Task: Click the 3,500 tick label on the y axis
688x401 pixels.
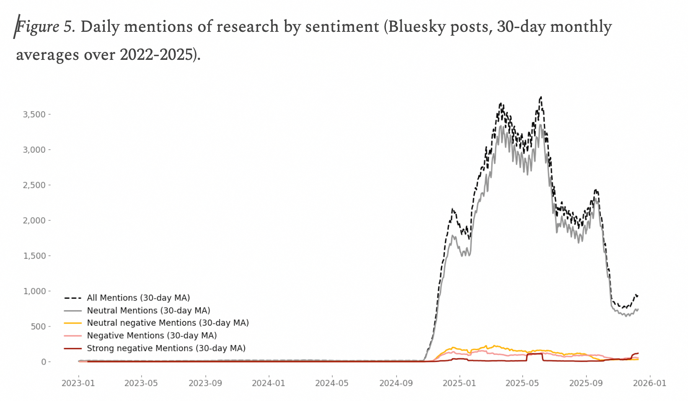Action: pyautogui.click(x=34, y=114)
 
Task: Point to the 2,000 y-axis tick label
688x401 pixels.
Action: pyautogui.click(x=34, y=220)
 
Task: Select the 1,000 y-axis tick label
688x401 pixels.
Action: pyautogui.click(x=34, y=291)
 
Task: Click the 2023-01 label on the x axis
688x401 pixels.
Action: pyautogui.click(x=78, y=383)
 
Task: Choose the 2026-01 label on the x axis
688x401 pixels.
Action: pyautogui.click(x=649, y=383)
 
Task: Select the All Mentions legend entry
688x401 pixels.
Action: pyautogui.click(x=138, y=298)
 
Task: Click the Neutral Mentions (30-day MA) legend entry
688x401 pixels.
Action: pyautogui.click(x=148, y=311)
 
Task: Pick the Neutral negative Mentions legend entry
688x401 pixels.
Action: pyautogui.click(x=168, y=323)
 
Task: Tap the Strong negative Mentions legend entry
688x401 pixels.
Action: pyautogui.click(x=166, y=348)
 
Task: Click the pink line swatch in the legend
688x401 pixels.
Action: pyautogui.click(x=72, y=336)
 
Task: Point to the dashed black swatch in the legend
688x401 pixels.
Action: pyautogui.click(x=72, y=298)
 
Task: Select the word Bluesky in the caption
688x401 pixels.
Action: pyautogui.click(x=419, y=27)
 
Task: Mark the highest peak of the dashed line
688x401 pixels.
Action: pyautogui.click(x=541, y=97)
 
